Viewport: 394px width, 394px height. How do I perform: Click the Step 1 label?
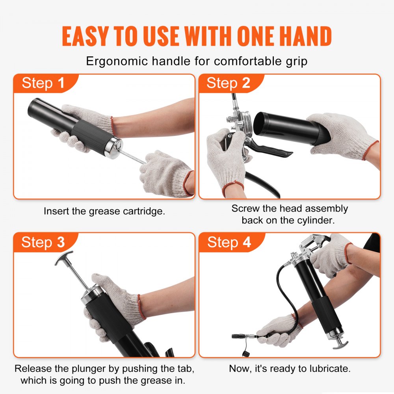43,83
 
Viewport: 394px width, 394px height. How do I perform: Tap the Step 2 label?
228,83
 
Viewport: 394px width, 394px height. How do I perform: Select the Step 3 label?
43,242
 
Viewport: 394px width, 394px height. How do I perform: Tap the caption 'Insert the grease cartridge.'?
104,211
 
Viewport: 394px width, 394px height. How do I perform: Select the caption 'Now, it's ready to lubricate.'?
290,369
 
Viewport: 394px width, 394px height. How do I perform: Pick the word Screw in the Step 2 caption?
245,208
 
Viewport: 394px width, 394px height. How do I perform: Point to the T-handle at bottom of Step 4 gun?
340,344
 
